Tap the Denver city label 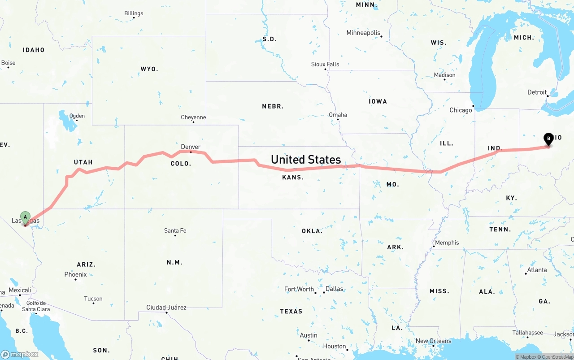[x=191, y=147]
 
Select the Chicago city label [x=461, y=110]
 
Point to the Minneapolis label [x=363, y=33]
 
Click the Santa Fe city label [x=175, y=230]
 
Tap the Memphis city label [x=447, y=243]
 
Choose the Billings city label [x=134, y=13]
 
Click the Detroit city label [x=537, y=92]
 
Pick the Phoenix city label [x=75, y=274]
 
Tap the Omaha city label [x=338, y=115]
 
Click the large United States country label [x=306, y=159]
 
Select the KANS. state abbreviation [x=293, y=177]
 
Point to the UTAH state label [x=83, y=162]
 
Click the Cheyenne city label [x=193, y=117]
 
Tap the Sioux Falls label [x=325, y=64]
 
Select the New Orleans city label [x=433, y=341]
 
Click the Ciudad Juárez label [x=166, y=308]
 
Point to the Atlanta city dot [x=526, y=273]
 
